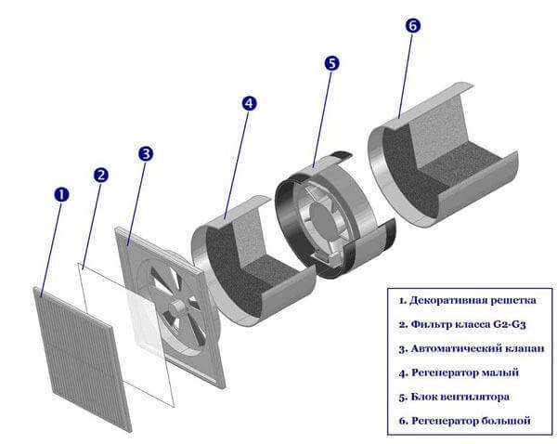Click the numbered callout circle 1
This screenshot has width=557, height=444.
(x=62, y=195)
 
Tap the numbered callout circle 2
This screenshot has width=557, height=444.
(x=101, y=175)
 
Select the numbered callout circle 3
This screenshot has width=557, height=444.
(x=146, y=154)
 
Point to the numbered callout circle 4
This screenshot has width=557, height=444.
(x=249, y=103)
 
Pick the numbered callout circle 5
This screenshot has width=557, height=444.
(x=331, y=63)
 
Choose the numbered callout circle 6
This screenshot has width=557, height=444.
(x=412, y=26)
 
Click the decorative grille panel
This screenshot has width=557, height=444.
(x=83, y=359)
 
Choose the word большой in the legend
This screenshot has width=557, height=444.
(x=506, y=421)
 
